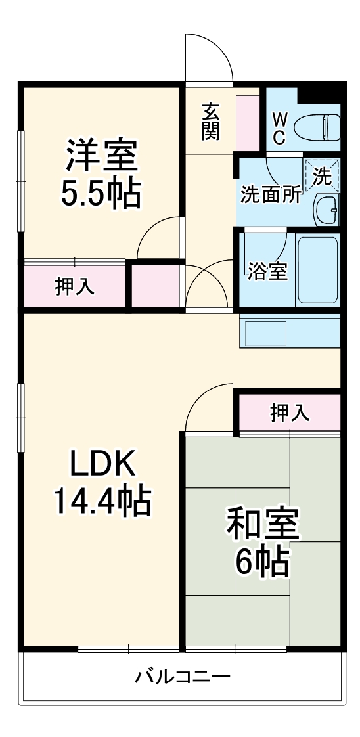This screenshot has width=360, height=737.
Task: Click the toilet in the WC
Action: [x=317, y=126]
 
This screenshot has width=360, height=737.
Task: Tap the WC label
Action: [x=279, y=128]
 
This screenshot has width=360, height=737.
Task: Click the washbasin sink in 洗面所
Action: [x=326, y=210]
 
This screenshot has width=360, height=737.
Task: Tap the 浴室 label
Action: [x=267, y=271]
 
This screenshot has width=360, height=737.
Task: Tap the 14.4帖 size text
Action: [x=102, y=502]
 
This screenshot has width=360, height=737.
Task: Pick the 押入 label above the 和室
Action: [x=289, y=413]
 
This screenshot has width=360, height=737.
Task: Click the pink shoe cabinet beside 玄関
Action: [x=248, y=123]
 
